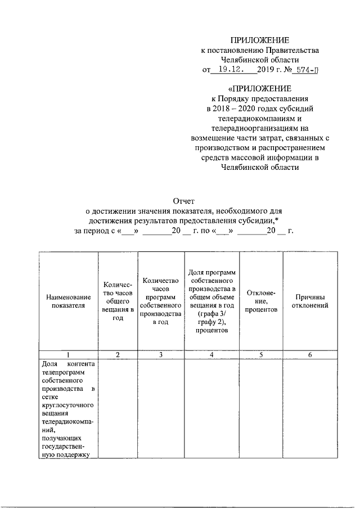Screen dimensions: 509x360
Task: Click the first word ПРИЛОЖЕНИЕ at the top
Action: point(260,40)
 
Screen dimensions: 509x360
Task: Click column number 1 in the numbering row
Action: point(68,355)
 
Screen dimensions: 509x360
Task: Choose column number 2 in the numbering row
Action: point(118,355)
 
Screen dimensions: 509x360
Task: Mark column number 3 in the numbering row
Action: point(161,355)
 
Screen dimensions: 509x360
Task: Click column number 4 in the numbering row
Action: point(211,355)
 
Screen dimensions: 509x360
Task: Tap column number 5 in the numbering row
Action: point(261,355)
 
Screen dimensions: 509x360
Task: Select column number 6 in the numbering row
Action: point(310,355)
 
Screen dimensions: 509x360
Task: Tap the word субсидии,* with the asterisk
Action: point(259,220)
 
